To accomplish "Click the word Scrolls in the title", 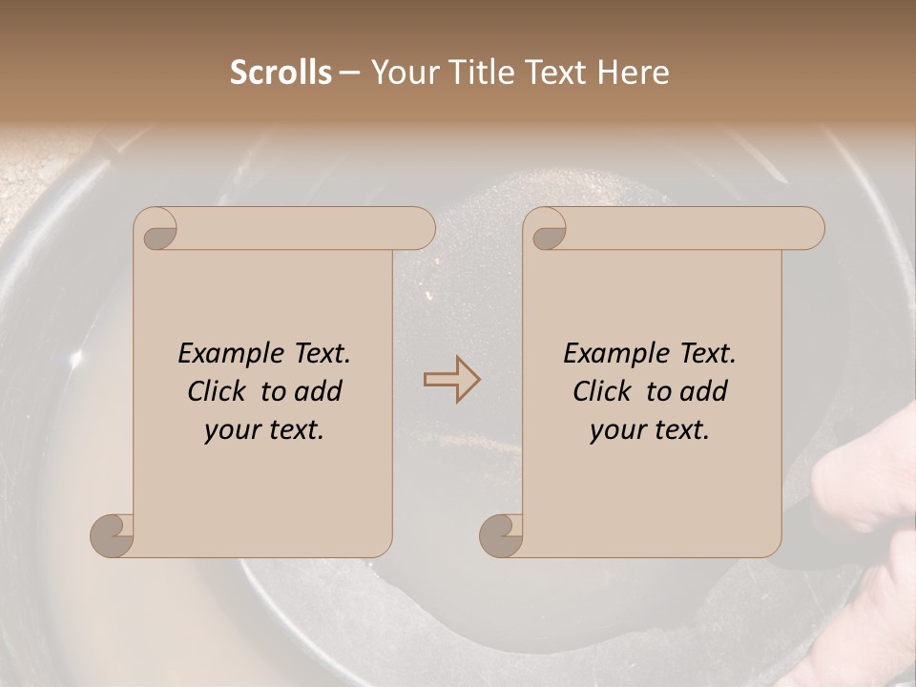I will click(281, 73).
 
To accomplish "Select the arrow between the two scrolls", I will click(451, 380).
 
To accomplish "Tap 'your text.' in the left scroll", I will click(264, 430).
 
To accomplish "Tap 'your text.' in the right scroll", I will click(650, 430).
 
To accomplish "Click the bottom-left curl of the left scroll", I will click(112, 535).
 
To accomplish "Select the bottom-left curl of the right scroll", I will click(501, 535).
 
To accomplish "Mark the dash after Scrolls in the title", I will click(349, 73).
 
